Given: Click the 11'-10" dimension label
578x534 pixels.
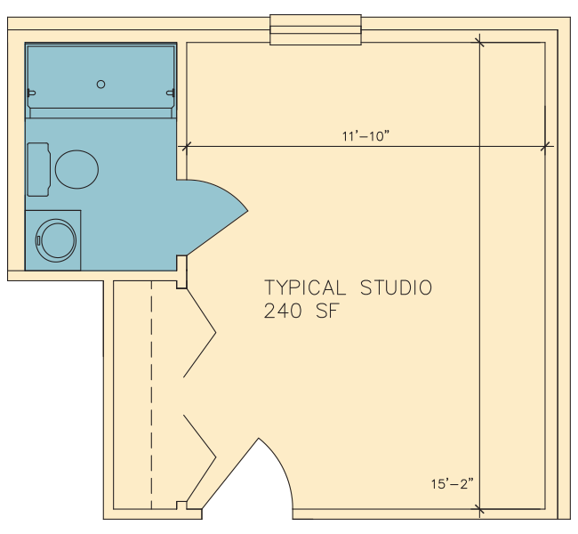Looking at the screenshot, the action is [365, 136].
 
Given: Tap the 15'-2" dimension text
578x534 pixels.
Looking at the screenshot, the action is [453, 483].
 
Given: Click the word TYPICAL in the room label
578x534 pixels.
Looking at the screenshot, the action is [305, 287].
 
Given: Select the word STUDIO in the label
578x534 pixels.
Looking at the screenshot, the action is [396, 287].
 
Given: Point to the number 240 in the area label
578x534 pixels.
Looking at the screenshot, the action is [283, 311].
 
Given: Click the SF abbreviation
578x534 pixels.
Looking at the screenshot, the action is [327, 311].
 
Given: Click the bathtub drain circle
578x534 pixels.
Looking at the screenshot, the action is [100, 85].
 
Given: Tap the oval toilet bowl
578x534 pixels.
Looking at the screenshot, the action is [76, 169].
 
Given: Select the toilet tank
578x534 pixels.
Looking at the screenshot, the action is [39, 169].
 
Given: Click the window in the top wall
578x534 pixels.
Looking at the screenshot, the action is [316, 30].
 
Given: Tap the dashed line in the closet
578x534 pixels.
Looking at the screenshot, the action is [151, 395].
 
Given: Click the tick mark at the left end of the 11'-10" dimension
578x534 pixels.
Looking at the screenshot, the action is [186, 147].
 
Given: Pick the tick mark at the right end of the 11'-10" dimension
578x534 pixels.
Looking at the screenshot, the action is [545, 146].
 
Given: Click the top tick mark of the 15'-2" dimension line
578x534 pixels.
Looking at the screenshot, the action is [479, 42].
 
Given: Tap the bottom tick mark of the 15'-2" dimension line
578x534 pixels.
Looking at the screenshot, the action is [479, 509].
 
